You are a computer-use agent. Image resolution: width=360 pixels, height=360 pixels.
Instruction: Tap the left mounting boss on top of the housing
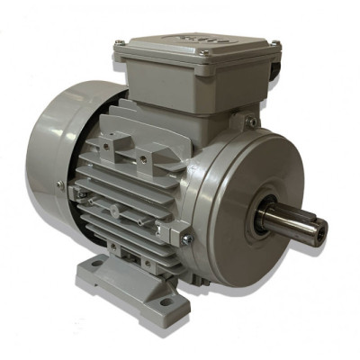click(109, 142)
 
